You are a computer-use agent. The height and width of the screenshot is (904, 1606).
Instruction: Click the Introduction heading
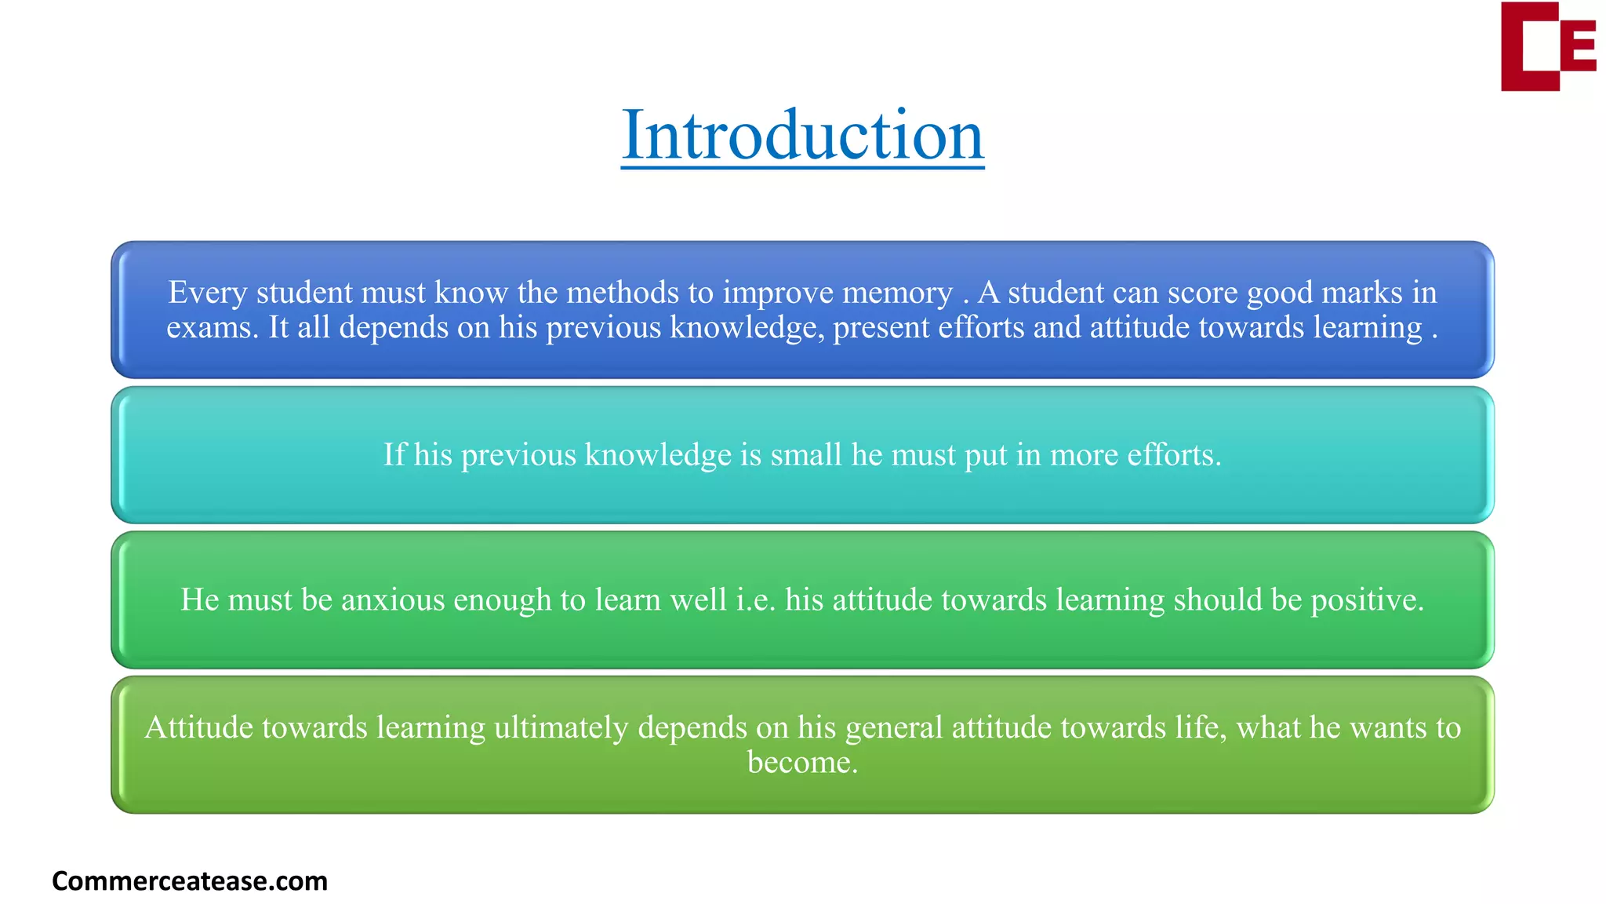point(802,135)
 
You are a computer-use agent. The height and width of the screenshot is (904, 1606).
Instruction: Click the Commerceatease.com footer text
point(189,880)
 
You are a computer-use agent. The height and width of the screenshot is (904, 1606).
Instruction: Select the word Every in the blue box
point(208,293)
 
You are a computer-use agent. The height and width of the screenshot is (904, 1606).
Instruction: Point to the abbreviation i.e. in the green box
point(755,600)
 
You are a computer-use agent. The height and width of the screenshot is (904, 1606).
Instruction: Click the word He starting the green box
point(199,600)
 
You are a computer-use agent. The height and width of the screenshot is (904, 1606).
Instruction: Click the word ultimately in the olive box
point(561,728)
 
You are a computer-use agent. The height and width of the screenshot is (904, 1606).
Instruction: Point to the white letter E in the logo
point(1577,46)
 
